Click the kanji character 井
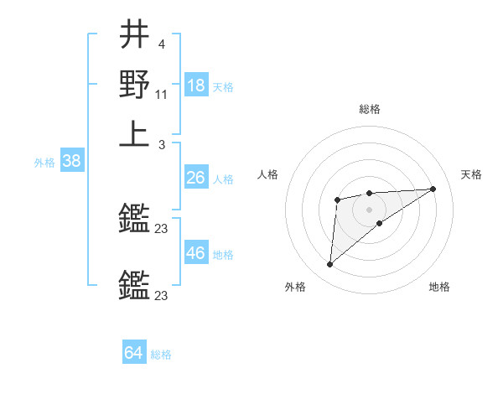[135, 34]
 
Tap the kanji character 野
[134, 85]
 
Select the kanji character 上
[134, 134]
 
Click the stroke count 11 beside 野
[162, 96]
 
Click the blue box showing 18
[196, 85]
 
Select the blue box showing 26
[196, 178]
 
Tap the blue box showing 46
[196, 253]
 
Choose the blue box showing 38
[70, 161]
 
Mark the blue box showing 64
[134, 353]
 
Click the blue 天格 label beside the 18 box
[223, 86]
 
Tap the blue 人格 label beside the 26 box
[223, 179]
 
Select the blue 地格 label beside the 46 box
[223, 255]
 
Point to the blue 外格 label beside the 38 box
[44, 163]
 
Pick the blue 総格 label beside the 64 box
[161, 355]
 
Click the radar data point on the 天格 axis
[433, 189]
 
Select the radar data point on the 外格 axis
[330, 265]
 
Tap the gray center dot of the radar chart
[369, 209]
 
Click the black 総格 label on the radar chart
[369, 109]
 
